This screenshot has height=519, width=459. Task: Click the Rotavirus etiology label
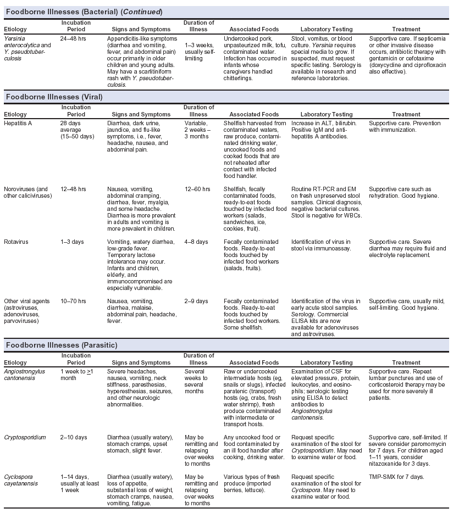17,242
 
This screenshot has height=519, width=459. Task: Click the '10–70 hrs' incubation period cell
73,302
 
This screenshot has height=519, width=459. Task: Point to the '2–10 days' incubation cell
74,437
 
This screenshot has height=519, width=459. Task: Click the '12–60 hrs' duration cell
197,189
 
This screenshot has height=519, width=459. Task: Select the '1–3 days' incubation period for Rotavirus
72,242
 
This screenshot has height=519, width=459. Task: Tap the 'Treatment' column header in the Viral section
406,114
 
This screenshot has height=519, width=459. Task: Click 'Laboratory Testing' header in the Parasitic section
327,362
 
